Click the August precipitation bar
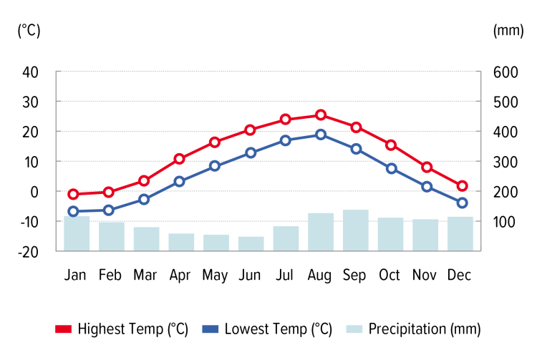tap(321, 232)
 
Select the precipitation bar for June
tap(251, 243)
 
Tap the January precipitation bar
tap(77, 233)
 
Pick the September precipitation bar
tap(355, 230)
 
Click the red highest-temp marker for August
tap(321, 115)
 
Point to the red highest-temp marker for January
tap(73, 194)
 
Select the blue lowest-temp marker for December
tap(462, 203)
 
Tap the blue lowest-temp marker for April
tap(180, 182)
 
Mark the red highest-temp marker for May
tap(215, 142)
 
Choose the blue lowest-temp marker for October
tap(392, 169)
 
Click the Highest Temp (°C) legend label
tap(132, 329)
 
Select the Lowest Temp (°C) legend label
tap(278, 329)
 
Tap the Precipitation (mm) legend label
tap(424, 329)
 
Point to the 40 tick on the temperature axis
tap(31, 72)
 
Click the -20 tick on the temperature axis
tap(29, 251)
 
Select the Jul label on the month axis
tap(285, 275)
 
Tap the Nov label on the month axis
tap(425, 275)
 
